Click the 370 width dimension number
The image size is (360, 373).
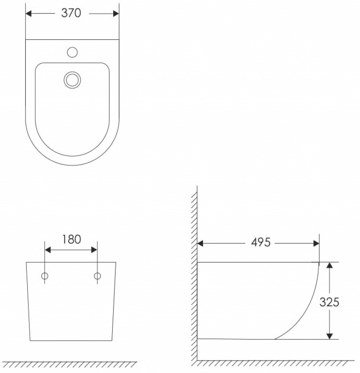[71, 13]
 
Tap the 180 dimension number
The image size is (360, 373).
[71, 239]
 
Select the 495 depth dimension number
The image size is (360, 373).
[261, 243]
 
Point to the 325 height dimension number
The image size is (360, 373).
[329, 302]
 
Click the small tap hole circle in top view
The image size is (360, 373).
[72, 52]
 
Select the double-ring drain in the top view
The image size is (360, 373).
[72, 80]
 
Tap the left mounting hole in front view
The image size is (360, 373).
[45, 276]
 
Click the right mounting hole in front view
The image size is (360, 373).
[97, 276]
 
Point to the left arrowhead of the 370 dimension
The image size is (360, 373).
[28, 13]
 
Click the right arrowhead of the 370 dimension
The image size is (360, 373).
[116, 13]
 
